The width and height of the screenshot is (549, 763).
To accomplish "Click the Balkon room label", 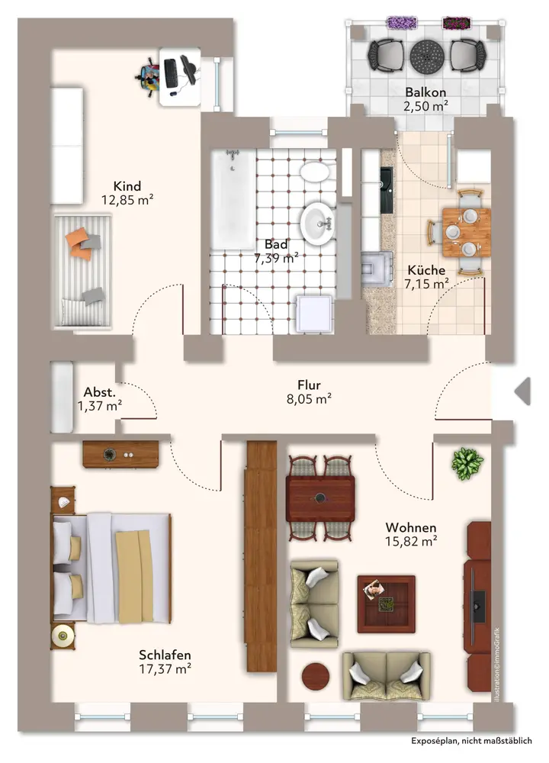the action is click(425, 92).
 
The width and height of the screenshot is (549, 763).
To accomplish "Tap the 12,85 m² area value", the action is click(127, 199).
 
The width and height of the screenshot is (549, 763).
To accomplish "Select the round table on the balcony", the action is click(427, 56).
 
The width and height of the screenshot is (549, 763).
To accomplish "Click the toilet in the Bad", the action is click(314, 171).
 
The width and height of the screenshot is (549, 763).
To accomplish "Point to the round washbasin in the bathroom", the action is click(317, 224).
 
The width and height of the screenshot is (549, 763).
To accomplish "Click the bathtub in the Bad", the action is click(233, 199).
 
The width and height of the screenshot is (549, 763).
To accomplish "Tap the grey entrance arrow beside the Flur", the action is click(523, 391).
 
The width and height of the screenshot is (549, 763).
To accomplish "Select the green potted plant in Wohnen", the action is click(467, 463).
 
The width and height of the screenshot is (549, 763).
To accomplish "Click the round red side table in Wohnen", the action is click(316, 676).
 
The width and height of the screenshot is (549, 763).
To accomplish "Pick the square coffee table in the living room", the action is click(386, 604).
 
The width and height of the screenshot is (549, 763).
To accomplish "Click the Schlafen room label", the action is click(165, 655).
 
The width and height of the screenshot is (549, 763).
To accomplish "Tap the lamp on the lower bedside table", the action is click(63, 635).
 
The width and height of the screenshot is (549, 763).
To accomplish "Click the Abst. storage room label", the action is click(100, 392).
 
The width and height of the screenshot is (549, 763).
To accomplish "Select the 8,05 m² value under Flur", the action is click(309, 399).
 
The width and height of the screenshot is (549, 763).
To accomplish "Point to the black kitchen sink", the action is click(387, 190).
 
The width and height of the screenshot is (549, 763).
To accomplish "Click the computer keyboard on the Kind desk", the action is click(171, 73).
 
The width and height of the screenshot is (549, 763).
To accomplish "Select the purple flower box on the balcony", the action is click(402, 22).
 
